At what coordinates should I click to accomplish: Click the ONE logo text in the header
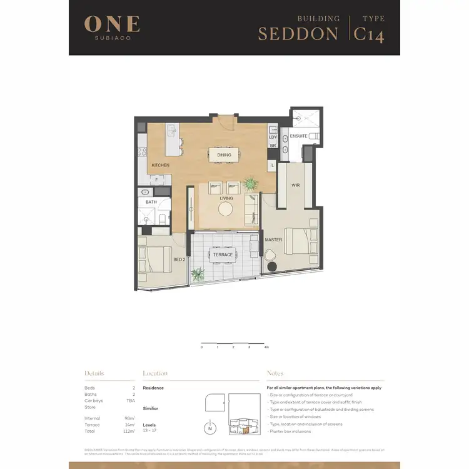point(112,24)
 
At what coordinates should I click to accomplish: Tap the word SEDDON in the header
point(298,34)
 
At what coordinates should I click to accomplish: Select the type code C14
point(369,33)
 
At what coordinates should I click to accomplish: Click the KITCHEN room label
point(161,165)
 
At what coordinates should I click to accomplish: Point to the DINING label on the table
point(224,155)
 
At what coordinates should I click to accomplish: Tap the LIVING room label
point(226,198)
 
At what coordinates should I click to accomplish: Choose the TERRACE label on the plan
point(223,255)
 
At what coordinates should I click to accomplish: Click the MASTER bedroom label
point(273,240)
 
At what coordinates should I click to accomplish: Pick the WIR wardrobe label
point(296,186)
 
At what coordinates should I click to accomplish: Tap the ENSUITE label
point(298,136)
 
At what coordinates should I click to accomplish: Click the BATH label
point(151,202)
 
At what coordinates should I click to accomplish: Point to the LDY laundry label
point(273,136)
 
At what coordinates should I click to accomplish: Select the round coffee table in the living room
point(226,208)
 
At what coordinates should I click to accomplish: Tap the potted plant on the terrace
point(199,274)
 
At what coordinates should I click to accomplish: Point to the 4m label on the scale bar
point(266,346)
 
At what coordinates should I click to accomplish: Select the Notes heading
point(275,373)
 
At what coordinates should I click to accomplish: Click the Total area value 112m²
point(129,431)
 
